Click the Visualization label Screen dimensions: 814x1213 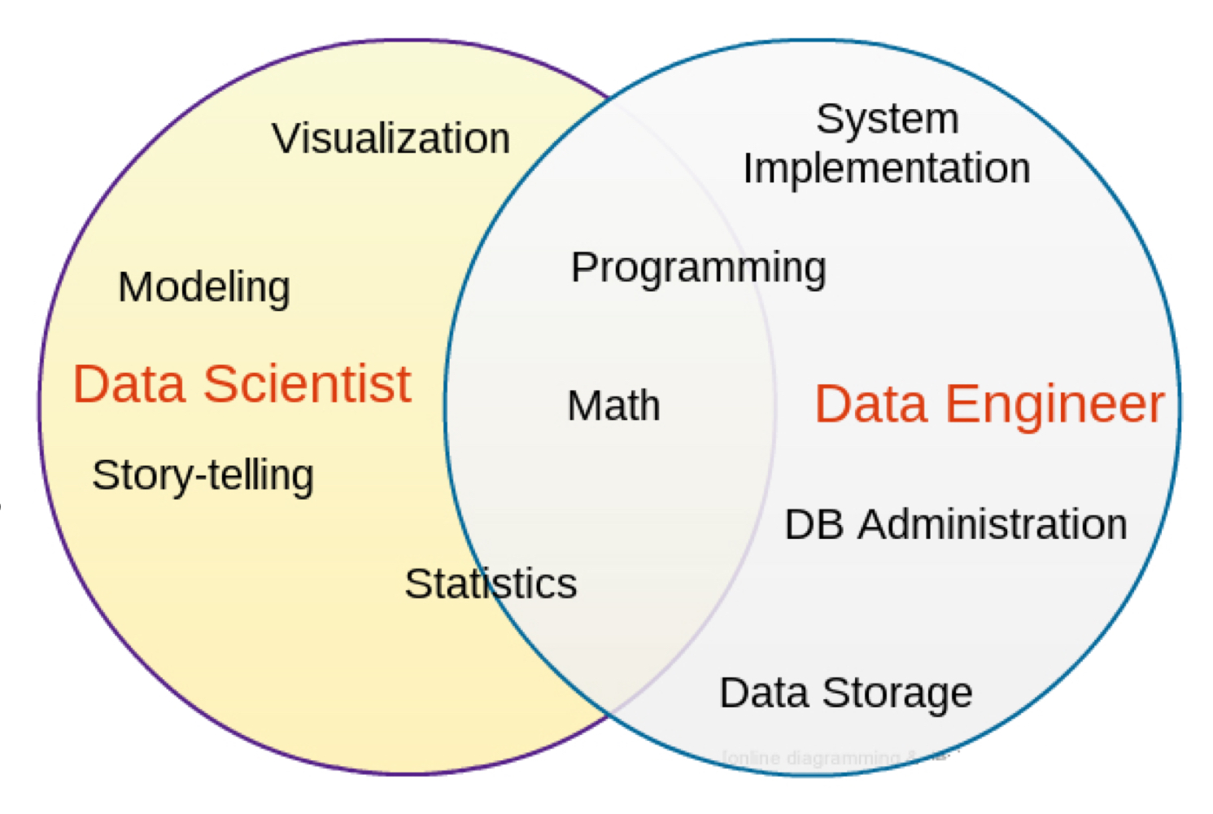pos(391,138)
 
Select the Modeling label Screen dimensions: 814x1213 pos(203,287)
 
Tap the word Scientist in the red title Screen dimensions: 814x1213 pos(307,383)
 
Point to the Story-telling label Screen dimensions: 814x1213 pos(203,475)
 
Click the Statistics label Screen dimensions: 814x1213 pos(491,584)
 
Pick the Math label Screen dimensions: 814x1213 pos(613,405)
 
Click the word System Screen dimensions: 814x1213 pos(887,119)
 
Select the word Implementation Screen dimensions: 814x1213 pos(886,168)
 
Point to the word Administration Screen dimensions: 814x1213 pos(993,524)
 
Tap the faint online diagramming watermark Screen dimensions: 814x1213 pos(830,758)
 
